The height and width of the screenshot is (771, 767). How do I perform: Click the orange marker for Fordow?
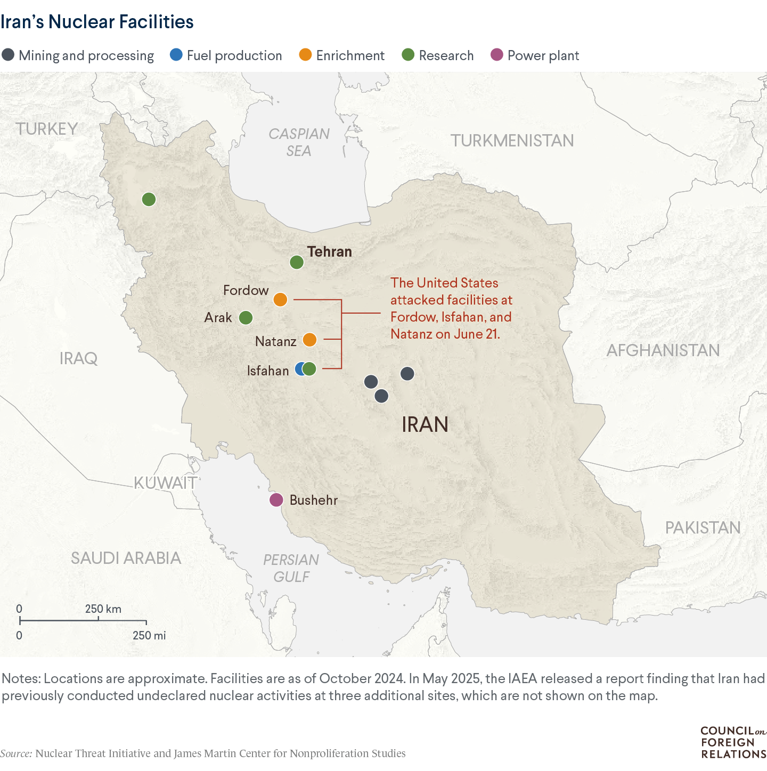click(280, 300)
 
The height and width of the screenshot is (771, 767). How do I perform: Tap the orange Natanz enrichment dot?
click(309, 340)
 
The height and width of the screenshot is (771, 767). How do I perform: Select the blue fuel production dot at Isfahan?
click(300, 369)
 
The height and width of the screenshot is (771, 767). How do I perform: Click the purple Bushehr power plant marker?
click(276, 500)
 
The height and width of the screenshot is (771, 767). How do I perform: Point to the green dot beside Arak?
click(246, 318)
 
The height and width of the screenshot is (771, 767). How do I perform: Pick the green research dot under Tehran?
click(297, 263)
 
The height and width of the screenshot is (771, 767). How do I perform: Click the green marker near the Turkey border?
click(149, 200)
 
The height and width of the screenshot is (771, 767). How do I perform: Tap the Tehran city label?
click(330, 252)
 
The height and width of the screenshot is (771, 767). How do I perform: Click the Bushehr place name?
click(313, 501)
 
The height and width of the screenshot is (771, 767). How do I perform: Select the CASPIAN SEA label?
click(299, 143)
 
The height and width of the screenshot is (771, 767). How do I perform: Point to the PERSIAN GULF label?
click(291, 568)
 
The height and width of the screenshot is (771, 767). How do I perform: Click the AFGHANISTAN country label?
click(663, 350)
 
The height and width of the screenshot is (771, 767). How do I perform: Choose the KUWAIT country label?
click(165, 483)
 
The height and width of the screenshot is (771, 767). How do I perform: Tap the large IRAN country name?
click(425, 424)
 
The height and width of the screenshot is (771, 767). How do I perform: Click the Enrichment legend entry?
click(342, 55)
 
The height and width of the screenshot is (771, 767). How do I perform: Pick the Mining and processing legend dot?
click(8, 55)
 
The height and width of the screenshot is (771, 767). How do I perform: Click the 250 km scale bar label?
click(103, 609)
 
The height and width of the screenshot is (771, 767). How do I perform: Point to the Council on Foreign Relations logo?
click(733, 742)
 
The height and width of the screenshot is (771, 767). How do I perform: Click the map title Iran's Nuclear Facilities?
click(97, 22)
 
